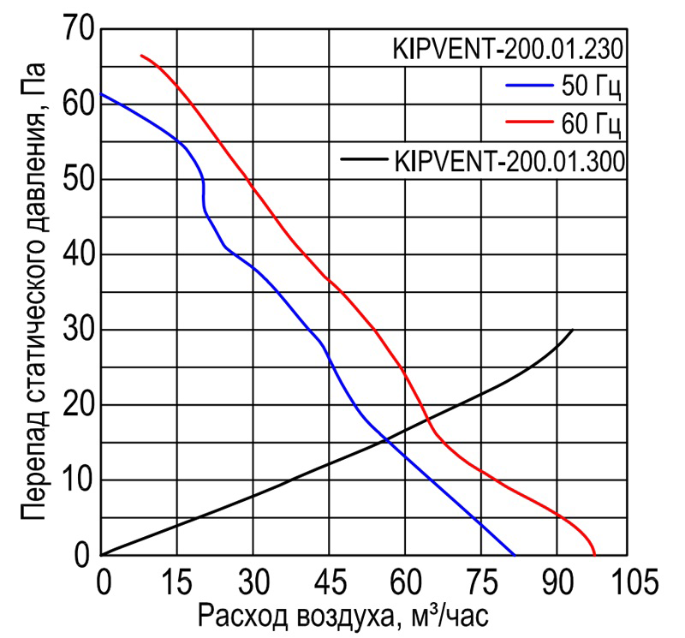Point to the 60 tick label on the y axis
[x=80, y=104]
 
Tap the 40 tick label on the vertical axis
[x=80, y=255]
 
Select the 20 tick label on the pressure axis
[x=80, y=405]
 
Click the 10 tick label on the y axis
[x=80, y=480]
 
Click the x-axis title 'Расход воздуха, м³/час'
[x=343, y=616]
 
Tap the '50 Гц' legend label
[x=587, y=86]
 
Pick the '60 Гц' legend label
[x=587, y=124]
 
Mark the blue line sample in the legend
[x=530, y=86]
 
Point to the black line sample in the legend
[x=364, y=159]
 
